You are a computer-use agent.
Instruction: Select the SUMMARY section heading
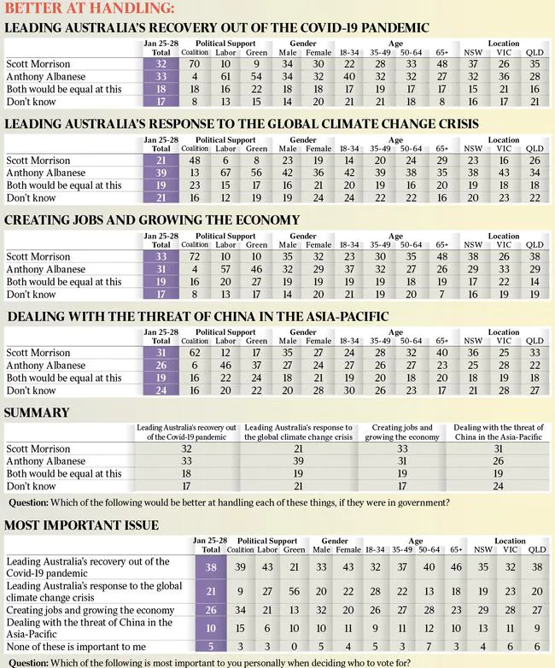[x=37, y=413]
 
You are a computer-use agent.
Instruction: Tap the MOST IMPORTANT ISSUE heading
[x=81, y=524]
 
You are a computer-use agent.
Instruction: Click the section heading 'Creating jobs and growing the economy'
[x=152, y=220]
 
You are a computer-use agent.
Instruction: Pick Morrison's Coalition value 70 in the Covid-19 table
[x=195, y=63]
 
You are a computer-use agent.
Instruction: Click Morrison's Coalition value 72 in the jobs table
[x=195, y=256]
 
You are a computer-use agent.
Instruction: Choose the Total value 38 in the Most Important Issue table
[x=210, y=566]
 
